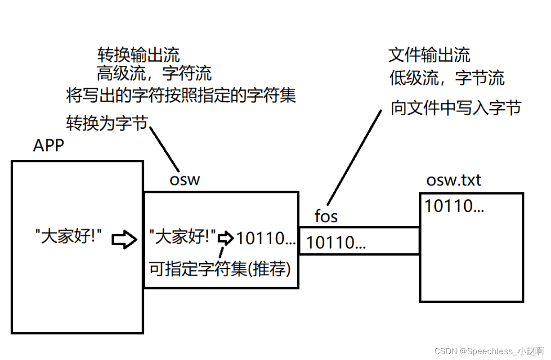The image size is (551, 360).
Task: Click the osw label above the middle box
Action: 184,180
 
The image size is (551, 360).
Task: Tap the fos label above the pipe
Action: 326,216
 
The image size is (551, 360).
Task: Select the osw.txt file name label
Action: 453,180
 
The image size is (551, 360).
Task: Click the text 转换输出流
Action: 139,55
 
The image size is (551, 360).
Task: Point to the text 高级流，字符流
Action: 154,73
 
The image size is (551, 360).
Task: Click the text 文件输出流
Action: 429,55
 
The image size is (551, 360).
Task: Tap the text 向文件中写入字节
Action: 456,108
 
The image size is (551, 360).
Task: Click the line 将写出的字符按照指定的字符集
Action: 181,95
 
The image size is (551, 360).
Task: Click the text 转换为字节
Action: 107,122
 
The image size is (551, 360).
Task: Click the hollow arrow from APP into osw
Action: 124,239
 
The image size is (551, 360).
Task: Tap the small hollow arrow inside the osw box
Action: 226,238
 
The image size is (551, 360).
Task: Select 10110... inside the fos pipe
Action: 336,243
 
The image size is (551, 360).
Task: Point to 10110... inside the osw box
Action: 266,238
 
